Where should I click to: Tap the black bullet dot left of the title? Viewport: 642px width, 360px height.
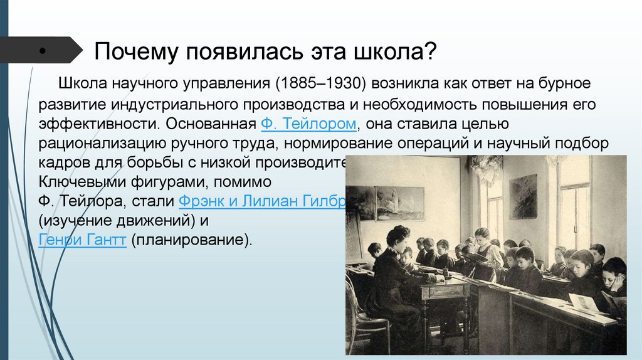pos(41,51)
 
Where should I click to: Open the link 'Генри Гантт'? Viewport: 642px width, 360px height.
pos(83,241)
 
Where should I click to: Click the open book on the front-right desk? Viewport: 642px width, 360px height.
pos(583,303)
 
